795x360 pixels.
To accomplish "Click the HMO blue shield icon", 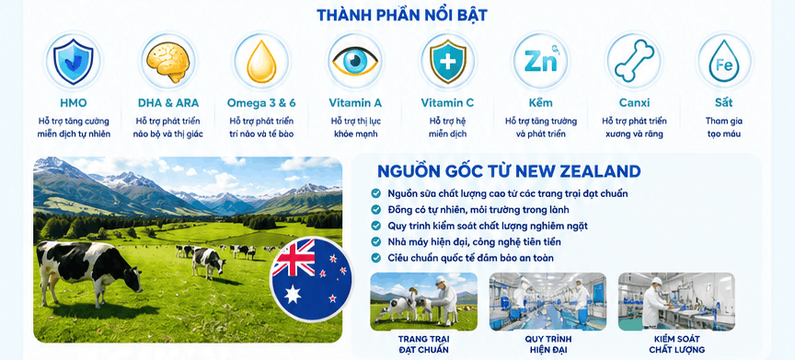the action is click(74, 61).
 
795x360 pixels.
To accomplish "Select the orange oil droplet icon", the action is click(261, 62).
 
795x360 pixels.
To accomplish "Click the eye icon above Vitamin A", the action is click(355, 61).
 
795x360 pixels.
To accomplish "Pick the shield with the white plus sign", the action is click(448, 62).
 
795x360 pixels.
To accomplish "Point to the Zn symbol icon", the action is click(540, 61).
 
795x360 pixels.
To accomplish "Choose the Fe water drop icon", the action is click(724, 62).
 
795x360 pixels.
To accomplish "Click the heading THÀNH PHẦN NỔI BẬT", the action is click(402, 15).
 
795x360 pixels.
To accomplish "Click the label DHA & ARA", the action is click(168, 103).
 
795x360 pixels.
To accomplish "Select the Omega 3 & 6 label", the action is click(261, 103).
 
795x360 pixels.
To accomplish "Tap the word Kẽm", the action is click(541, 102).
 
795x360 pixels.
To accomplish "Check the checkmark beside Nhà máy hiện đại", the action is click(375, 241).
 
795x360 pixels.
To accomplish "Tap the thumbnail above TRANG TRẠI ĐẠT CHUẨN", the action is click(424, 302).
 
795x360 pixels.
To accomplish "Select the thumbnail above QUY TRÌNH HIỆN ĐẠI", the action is click(547, 302).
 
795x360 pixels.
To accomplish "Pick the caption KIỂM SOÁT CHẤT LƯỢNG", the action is click(676, 343).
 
